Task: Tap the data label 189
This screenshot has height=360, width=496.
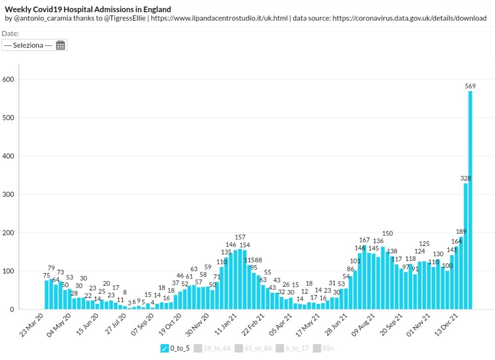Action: click(461, 232)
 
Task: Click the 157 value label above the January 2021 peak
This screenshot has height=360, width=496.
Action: click(240, 238)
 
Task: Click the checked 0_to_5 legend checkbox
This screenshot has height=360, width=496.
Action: click(164, 348)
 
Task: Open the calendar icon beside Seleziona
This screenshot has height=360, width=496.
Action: click(60, 45)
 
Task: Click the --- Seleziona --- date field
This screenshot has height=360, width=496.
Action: click(28, 45)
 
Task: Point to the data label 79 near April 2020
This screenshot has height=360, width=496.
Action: click(51, 268)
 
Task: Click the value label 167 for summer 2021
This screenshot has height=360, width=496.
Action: click(364, 240)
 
